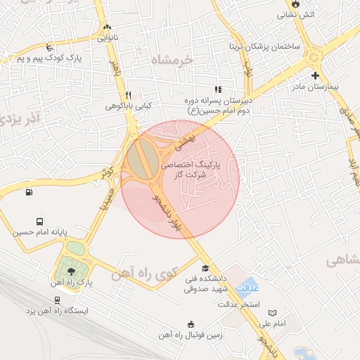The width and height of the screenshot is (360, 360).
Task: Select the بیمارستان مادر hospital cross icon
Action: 314,75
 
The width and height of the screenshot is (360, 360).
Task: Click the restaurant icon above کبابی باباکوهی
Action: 128,94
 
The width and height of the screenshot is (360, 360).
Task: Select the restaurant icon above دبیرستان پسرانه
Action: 218,90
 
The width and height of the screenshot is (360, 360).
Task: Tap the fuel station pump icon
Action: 28,192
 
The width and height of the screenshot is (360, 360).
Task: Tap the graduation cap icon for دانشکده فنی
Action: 205,268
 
